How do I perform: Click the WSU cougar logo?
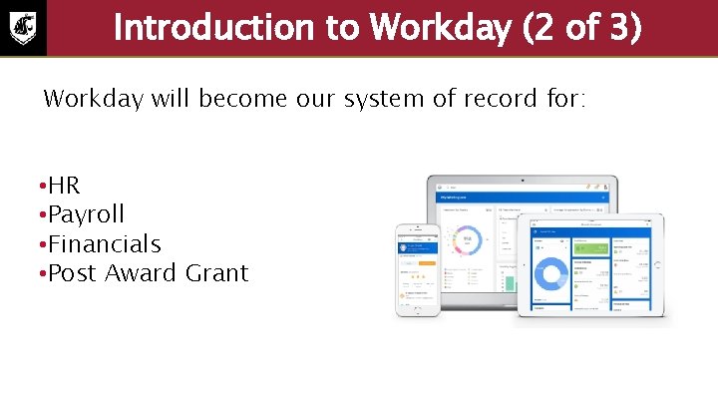(23, 28)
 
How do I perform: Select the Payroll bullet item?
(86, 214)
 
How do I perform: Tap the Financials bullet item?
(104, 243)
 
